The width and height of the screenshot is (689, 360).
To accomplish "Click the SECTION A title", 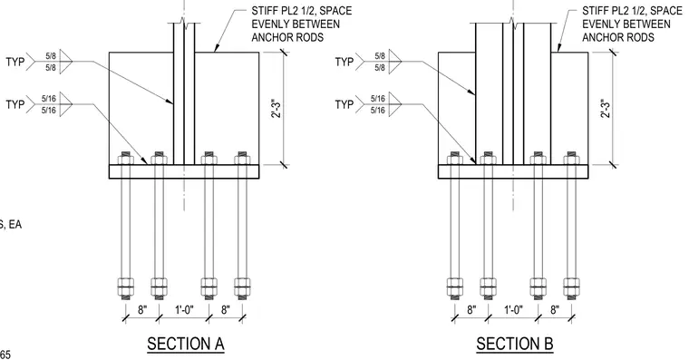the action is pyautogui.click(x=186, y=344).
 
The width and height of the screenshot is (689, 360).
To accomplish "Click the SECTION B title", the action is pyautogui.click(x=515, y=344).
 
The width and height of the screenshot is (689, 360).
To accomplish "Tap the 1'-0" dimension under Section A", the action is pyautogui.click(x=184, y=310).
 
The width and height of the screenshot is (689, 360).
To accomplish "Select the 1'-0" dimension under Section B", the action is pyautogui.click(x=513, y=310).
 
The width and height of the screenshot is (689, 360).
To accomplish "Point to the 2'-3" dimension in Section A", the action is pyautogui.click(x=276, y=109).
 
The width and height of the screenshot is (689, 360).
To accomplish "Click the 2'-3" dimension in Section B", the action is pyautogui.click(x=606, y=109).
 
